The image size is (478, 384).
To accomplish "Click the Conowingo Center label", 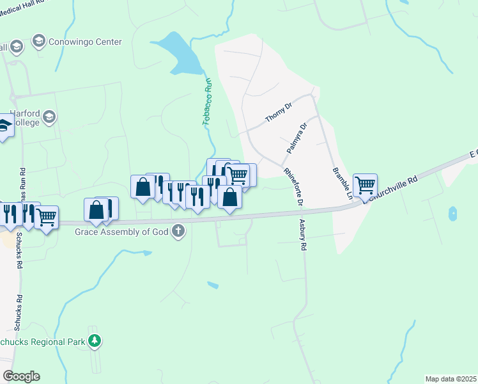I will coord(86,42).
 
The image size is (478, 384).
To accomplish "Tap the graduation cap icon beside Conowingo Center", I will coord(39,42).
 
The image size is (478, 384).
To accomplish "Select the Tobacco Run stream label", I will coord(207,102).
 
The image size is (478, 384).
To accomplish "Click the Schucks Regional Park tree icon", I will coord(95,340).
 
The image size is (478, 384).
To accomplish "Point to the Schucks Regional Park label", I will coord(42,342).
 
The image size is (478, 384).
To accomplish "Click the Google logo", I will coord(21,376).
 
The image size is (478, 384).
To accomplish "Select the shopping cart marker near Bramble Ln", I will coord(365,185).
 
